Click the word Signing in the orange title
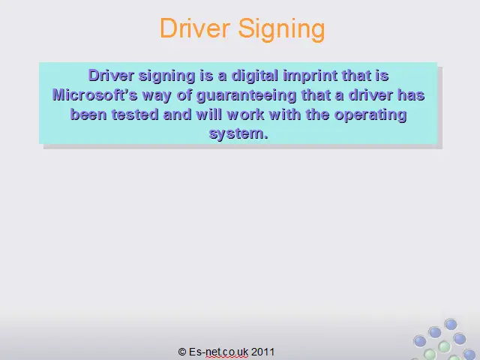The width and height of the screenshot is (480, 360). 281,29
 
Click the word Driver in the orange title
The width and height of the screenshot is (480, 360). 195,28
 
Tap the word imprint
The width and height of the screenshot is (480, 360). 310,76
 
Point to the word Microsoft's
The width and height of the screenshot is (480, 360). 95,95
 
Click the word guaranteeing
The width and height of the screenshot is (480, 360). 247,96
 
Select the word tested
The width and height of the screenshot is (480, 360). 135,115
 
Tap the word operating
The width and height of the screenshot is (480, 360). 370,115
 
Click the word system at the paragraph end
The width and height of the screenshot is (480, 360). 238,134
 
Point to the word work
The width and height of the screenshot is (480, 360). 245,115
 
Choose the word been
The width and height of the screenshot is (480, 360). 88,115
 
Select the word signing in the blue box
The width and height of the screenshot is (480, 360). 166,76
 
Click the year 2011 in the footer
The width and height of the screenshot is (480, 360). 262,352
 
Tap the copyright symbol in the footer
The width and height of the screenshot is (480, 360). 182,352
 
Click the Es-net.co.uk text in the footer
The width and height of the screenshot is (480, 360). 218,352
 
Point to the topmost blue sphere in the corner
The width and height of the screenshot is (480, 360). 451,325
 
